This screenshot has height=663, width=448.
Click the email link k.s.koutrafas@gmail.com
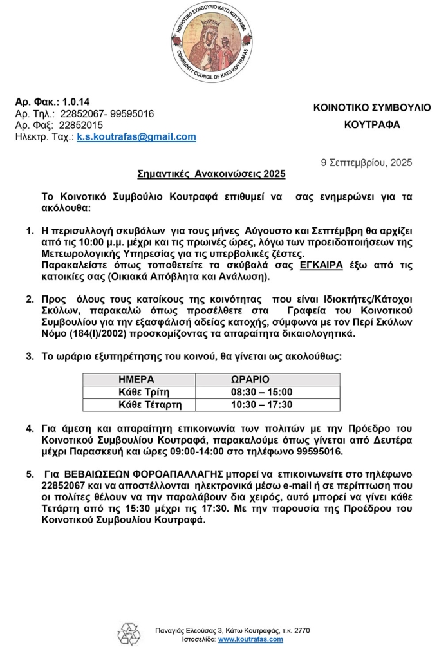[136, 137]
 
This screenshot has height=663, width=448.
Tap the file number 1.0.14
[77, 102]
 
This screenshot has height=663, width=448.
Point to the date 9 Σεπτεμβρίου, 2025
[366, 163]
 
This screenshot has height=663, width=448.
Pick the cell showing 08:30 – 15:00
[261, 392]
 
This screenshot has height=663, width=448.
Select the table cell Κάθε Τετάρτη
[150, 405]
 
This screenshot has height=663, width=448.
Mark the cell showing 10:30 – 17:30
[261, 405]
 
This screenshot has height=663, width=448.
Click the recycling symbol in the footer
[129, 634]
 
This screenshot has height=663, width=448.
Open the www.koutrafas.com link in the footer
[250, 639]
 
